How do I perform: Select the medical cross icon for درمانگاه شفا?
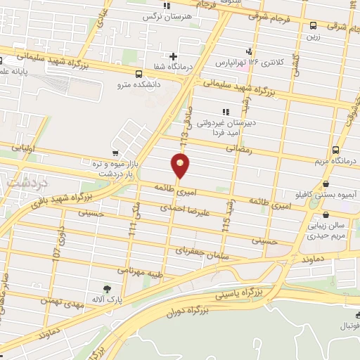pos(174,56)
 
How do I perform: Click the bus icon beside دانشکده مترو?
pos(139,73)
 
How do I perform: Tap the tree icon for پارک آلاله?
pos(107,288)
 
